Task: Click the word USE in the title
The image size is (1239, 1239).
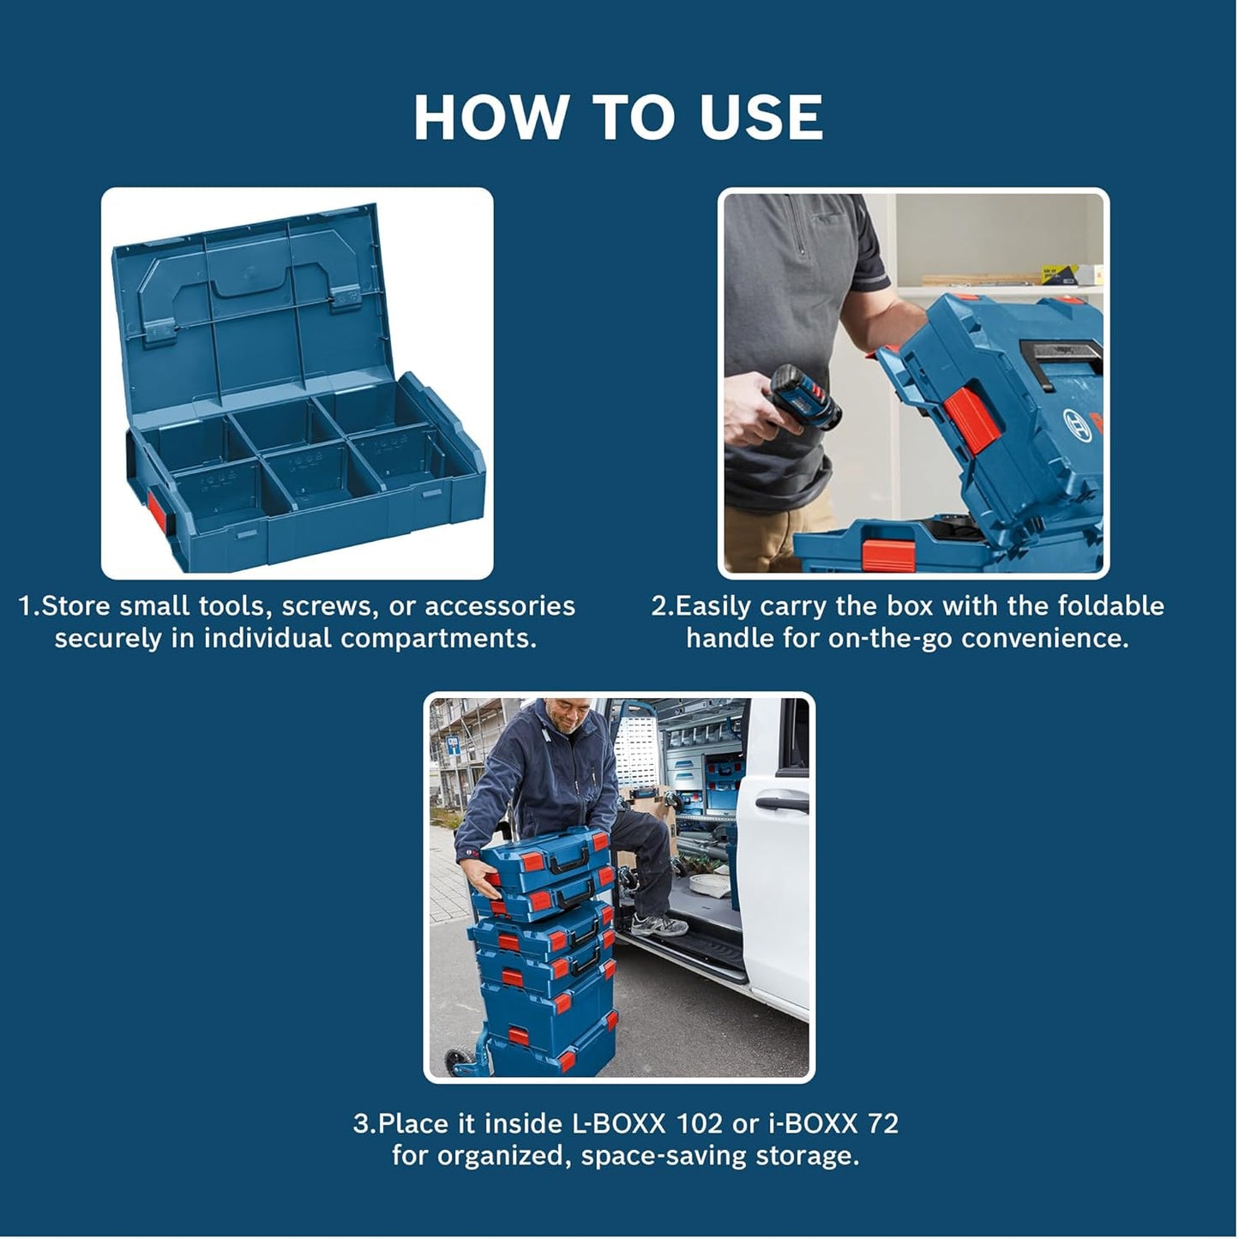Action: tap(761, 117)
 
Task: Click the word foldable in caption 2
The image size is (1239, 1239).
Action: tap(1110, 606)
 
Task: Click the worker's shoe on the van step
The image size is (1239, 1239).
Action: tap(659, 924)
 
